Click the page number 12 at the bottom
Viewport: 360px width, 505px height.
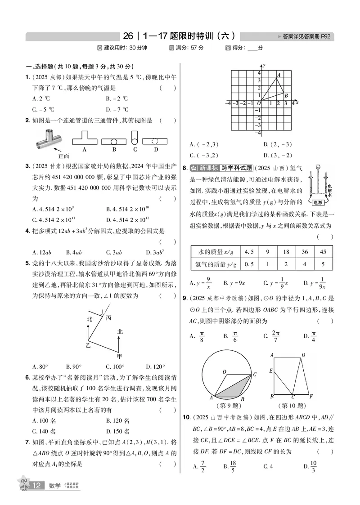tap(37, 486)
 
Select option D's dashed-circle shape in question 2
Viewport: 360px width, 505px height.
tap(156, 141)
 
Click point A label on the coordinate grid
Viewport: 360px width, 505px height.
tap(279, 75)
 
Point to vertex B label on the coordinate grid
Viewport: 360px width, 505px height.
tap(286, 95)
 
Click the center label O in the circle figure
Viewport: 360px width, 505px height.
tap(224, 372)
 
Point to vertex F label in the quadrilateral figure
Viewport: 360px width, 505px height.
tap(311, 397)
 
